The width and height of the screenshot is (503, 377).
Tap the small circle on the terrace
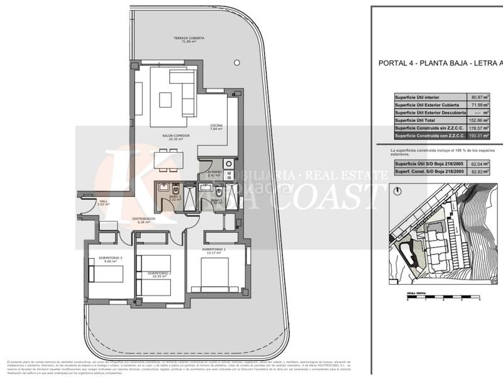[x=237, y=62]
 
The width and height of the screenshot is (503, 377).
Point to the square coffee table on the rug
[x=167, y=100]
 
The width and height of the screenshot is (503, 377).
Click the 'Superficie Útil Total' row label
[x=418, y=119]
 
